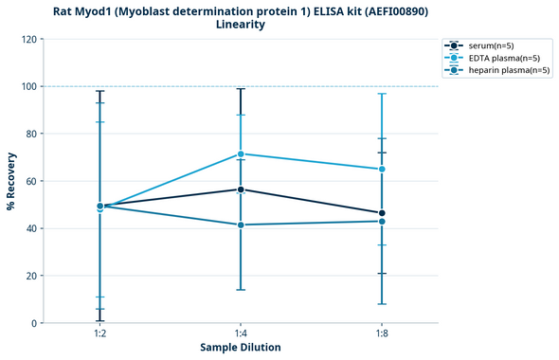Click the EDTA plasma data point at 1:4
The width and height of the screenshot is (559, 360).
pos(241,153)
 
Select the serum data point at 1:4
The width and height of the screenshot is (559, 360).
pos(241,189)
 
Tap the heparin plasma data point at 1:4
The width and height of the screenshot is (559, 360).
pos(241,225)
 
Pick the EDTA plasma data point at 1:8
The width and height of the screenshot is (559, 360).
pos(382,169)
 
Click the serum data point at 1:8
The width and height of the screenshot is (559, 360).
pos(382,213)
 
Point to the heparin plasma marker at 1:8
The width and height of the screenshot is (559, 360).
pos(382,221)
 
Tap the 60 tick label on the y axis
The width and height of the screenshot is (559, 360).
pos(30,181)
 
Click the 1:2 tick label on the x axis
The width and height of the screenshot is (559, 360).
pos(99,334)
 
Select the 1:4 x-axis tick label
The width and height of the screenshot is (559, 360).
pos(241,334)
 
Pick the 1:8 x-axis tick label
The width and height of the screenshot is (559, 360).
pos(382,334)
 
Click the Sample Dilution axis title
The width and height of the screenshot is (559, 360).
pos(241,348)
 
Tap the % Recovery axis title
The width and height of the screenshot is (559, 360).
pos(11,181)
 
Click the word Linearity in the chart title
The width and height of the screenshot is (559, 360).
pos(241,25)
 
